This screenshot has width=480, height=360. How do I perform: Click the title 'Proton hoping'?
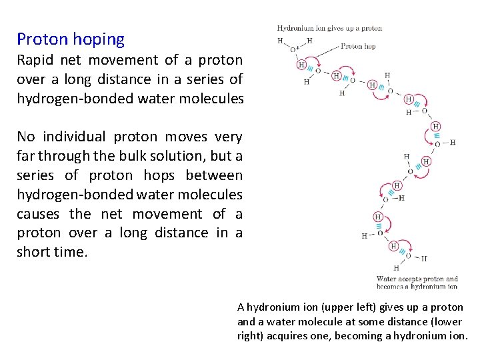click(71, 39)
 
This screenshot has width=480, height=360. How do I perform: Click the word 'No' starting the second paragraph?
click(26, 137)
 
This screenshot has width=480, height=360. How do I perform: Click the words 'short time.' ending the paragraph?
click(52, 253)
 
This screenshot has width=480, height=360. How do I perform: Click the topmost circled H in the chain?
click(302, 65)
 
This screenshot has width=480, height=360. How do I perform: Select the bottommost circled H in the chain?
click(393, 246)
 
